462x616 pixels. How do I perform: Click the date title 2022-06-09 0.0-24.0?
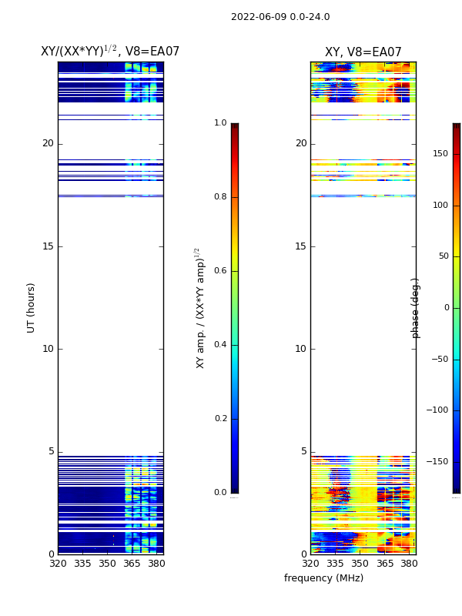click(x=280, y=17)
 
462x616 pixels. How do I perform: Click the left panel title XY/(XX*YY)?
click(x=110, y=52)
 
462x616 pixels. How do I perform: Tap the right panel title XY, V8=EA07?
click(x=363, y=52)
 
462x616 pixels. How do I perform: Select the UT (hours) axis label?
click(x=32, y=307)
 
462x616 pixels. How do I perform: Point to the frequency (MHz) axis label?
click(x=323, y=578)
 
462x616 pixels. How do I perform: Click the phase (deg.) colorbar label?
click(x=416, y=307)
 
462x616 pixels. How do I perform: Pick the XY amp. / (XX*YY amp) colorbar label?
click(x=200, y=307)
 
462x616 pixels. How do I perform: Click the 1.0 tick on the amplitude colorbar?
click(x=220, y=123)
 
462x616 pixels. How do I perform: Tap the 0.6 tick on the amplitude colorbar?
click(x=220, y=271)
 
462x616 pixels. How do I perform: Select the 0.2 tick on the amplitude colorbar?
click(x=220, y=419)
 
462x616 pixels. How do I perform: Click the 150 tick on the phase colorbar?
click(x=440, y=154)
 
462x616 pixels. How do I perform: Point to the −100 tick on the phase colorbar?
click(x=438, y=410)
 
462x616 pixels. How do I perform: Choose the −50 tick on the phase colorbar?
click(x=438, y=359)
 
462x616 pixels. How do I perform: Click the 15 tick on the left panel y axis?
click(x=48, y=246)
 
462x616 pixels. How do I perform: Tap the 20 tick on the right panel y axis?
click(x=301, y=143)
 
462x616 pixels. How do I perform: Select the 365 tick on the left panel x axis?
click(x=132, y=564)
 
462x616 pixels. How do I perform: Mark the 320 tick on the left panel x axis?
click(x=58, y=564)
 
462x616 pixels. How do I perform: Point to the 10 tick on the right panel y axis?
click(x=301, y=349)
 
